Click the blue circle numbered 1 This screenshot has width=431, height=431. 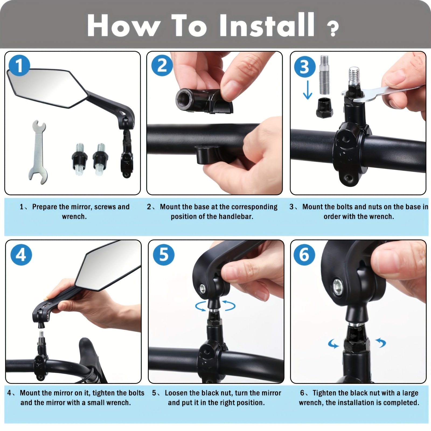(x=19, y=66)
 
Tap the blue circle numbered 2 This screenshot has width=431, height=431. (x=162, y=66)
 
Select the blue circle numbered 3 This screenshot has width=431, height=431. (x=305, y=67)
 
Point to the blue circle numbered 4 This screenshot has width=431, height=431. (x=21, y=255)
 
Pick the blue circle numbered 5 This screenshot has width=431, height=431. (x=164, y=255)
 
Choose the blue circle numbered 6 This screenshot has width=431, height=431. (x=304, y=255)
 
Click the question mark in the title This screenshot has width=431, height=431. (x=333, y=29)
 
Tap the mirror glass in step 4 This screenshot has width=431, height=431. (x=108, y=269)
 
